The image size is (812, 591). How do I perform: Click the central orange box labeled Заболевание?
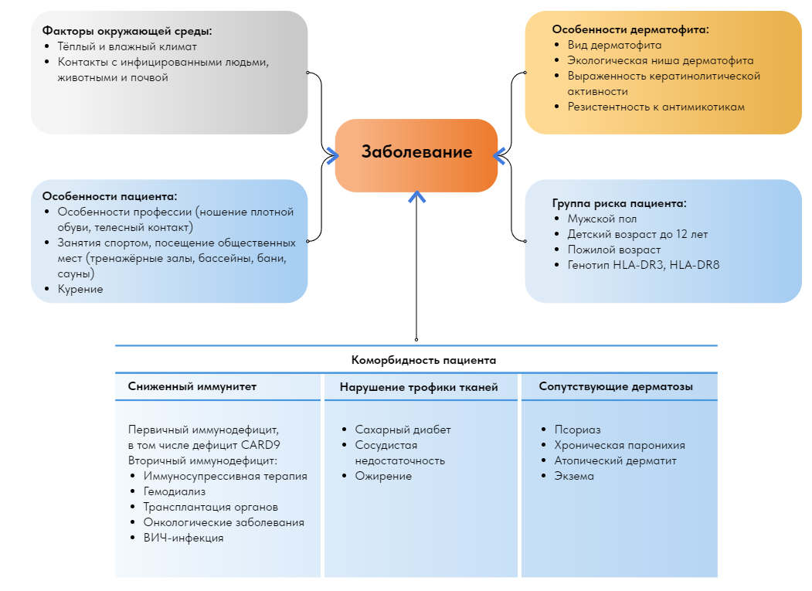coord(416,153)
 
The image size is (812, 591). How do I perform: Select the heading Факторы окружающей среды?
coord(127,32)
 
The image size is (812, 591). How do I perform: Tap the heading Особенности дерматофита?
coord(630,29)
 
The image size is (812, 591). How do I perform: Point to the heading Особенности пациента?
coord(110,196)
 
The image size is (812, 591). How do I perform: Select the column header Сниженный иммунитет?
coord(192,386)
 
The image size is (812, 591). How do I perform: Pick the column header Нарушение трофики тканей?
coord(419,387)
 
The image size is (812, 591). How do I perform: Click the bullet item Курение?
coord(80,289)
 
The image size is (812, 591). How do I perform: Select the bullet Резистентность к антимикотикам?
coord(656,107)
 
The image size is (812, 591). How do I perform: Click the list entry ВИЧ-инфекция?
coord(183,538)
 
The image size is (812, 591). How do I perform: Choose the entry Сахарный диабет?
coord(403,430)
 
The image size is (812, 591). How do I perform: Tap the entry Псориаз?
coord(577,430)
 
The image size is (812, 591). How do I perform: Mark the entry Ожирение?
coord(383,476)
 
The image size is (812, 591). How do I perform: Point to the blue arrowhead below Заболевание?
coord(417,197)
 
